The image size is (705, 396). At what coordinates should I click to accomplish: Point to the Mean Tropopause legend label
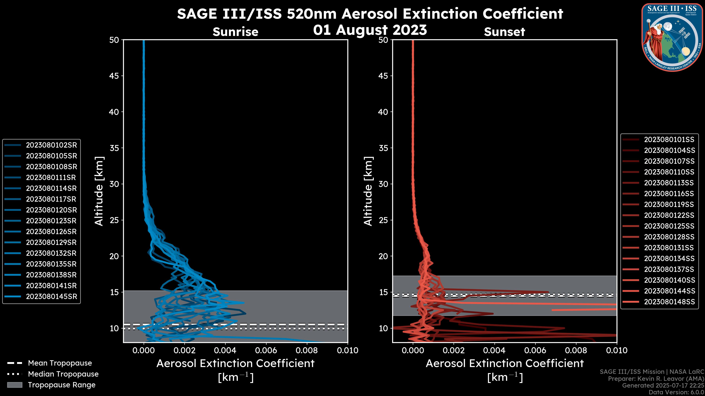tap(60, 363)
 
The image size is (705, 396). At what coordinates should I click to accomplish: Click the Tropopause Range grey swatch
tap(15, 385)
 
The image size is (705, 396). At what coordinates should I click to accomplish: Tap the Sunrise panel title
tap(235, 32)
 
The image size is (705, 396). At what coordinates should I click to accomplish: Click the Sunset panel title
tap(504, 32)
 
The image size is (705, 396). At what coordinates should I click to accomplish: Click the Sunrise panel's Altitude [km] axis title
tap(99, 191)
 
